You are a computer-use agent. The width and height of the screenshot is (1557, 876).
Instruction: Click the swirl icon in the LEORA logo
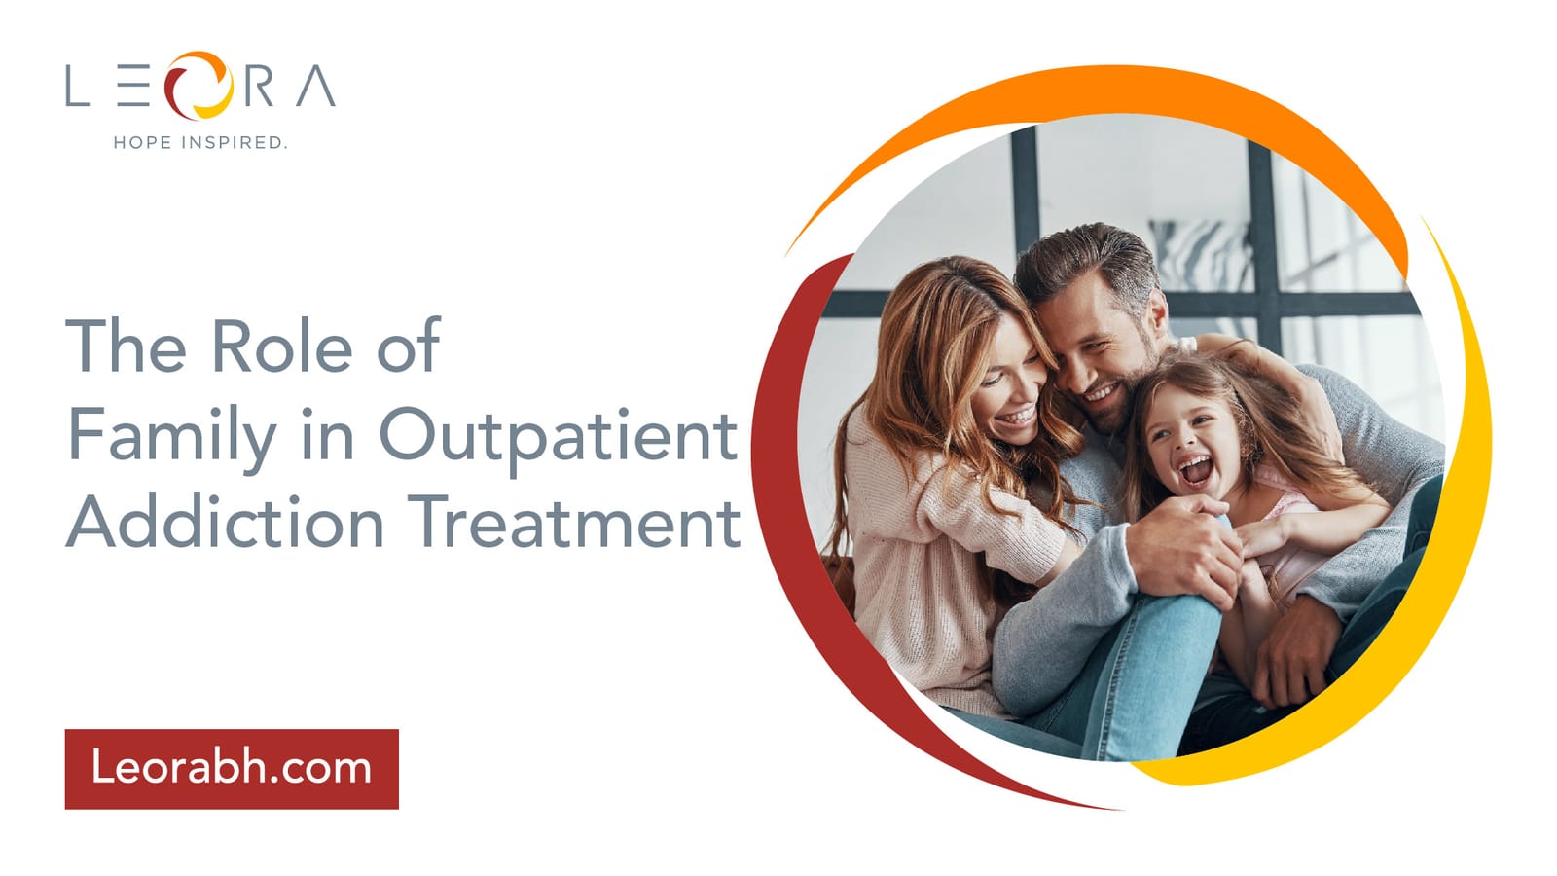pos(199,86)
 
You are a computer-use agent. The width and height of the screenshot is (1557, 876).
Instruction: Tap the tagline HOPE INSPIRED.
pos(200,142)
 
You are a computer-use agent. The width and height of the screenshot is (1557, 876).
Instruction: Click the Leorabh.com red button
pos(232,769)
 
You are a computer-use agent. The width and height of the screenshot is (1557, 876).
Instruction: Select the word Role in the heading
pos(283,346)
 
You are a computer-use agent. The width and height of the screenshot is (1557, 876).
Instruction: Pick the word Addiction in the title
pos(225,522)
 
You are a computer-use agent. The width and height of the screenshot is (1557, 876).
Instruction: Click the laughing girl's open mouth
pos(1196,471)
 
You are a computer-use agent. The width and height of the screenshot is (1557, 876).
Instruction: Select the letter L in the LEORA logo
pos(77,86)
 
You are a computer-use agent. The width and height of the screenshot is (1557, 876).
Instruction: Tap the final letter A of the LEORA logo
pos(316,86)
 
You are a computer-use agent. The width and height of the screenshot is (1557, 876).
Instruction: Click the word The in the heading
pos(127,346)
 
